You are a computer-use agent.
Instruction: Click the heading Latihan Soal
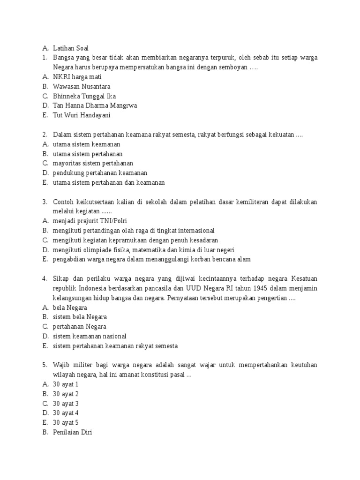tap(70, 48)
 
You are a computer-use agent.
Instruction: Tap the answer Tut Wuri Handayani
tap(82, 115)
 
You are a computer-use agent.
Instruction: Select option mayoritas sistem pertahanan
tap(93, 163)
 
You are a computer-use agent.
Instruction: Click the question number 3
tap(44, 202)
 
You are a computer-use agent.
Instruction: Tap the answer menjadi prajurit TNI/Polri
tap(90, 221)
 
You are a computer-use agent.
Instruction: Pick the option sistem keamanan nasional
tap(90, 336)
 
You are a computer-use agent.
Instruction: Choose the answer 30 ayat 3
tap(66, 403)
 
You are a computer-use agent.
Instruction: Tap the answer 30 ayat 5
tap(66, 422)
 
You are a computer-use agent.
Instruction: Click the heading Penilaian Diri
tap(73, 432)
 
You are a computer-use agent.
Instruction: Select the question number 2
tap(44, 135)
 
